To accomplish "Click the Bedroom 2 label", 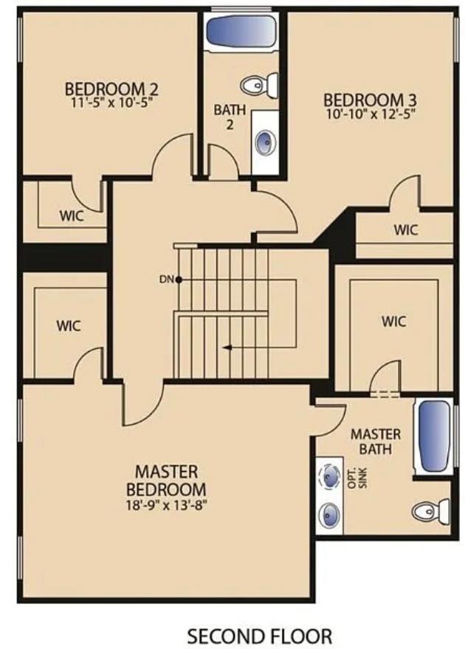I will coord(111,89).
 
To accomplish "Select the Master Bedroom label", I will coord(166,480).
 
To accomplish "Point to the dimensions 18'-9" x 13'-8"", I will coord(166,506).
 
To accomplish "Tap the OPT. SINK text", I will coord(356,476).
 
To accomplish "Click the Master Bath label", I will coord(376,441).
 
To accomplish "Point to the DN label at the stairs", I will coord(165,280).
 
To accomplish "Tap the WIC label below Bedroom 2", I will coord(71,217).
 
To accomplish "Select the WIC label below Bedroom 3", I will coord(405,229).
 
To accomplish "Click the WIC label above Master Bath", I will coord(393,321).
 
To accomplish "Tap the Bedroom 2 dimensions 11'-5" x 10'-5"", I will coord(111,104).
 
